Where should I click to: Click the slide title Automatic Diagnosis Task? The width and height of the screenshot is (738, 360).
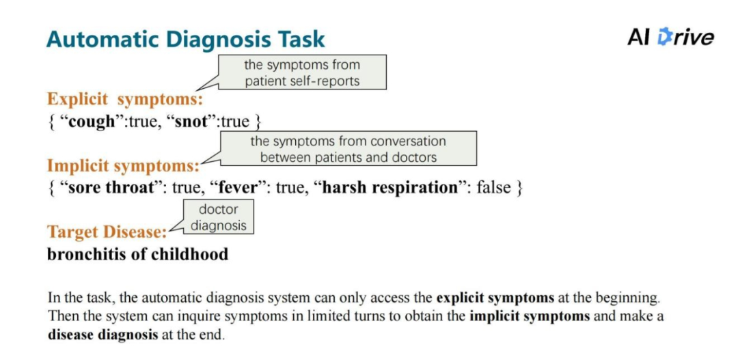click(185, 39)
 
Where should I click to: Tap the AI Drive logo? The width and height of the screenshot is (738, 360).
click(670, 37)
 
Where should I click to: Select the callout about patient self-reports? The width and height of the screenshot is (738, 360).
click(302, 72)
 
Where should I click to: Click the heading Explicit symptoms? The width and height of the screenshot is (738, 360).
click(125, 99)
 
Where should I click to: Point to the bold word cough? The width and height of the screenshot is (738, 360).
click(92, 122)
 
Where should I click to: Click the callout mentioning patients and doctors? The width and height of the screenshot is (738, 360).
click(348, 149)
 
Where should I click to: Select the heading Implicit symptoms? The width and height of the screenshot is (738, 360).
click(123, 165)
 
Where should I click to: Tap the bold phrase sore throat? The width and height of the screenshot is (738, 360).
click(108, 188)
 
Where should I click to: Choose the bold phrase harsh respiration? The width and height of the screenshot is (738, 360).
click(389, 188)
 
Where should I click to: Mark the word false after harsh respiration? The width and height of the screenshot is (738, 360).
click(493, 188)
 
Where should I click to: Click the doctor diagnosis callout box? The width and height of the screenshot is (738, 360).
click(218, 217)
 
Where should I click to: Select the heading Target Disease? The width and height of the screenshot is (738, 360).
click(107, 232)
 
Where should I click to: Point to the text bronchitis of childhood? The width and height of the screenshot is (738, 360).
click(137, 255)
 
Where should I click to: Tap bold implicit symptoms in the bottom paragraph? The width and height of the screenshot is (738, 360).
click(530, 317)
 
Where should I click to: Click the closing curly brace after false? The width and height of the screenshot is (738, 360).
click(519, 188)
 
